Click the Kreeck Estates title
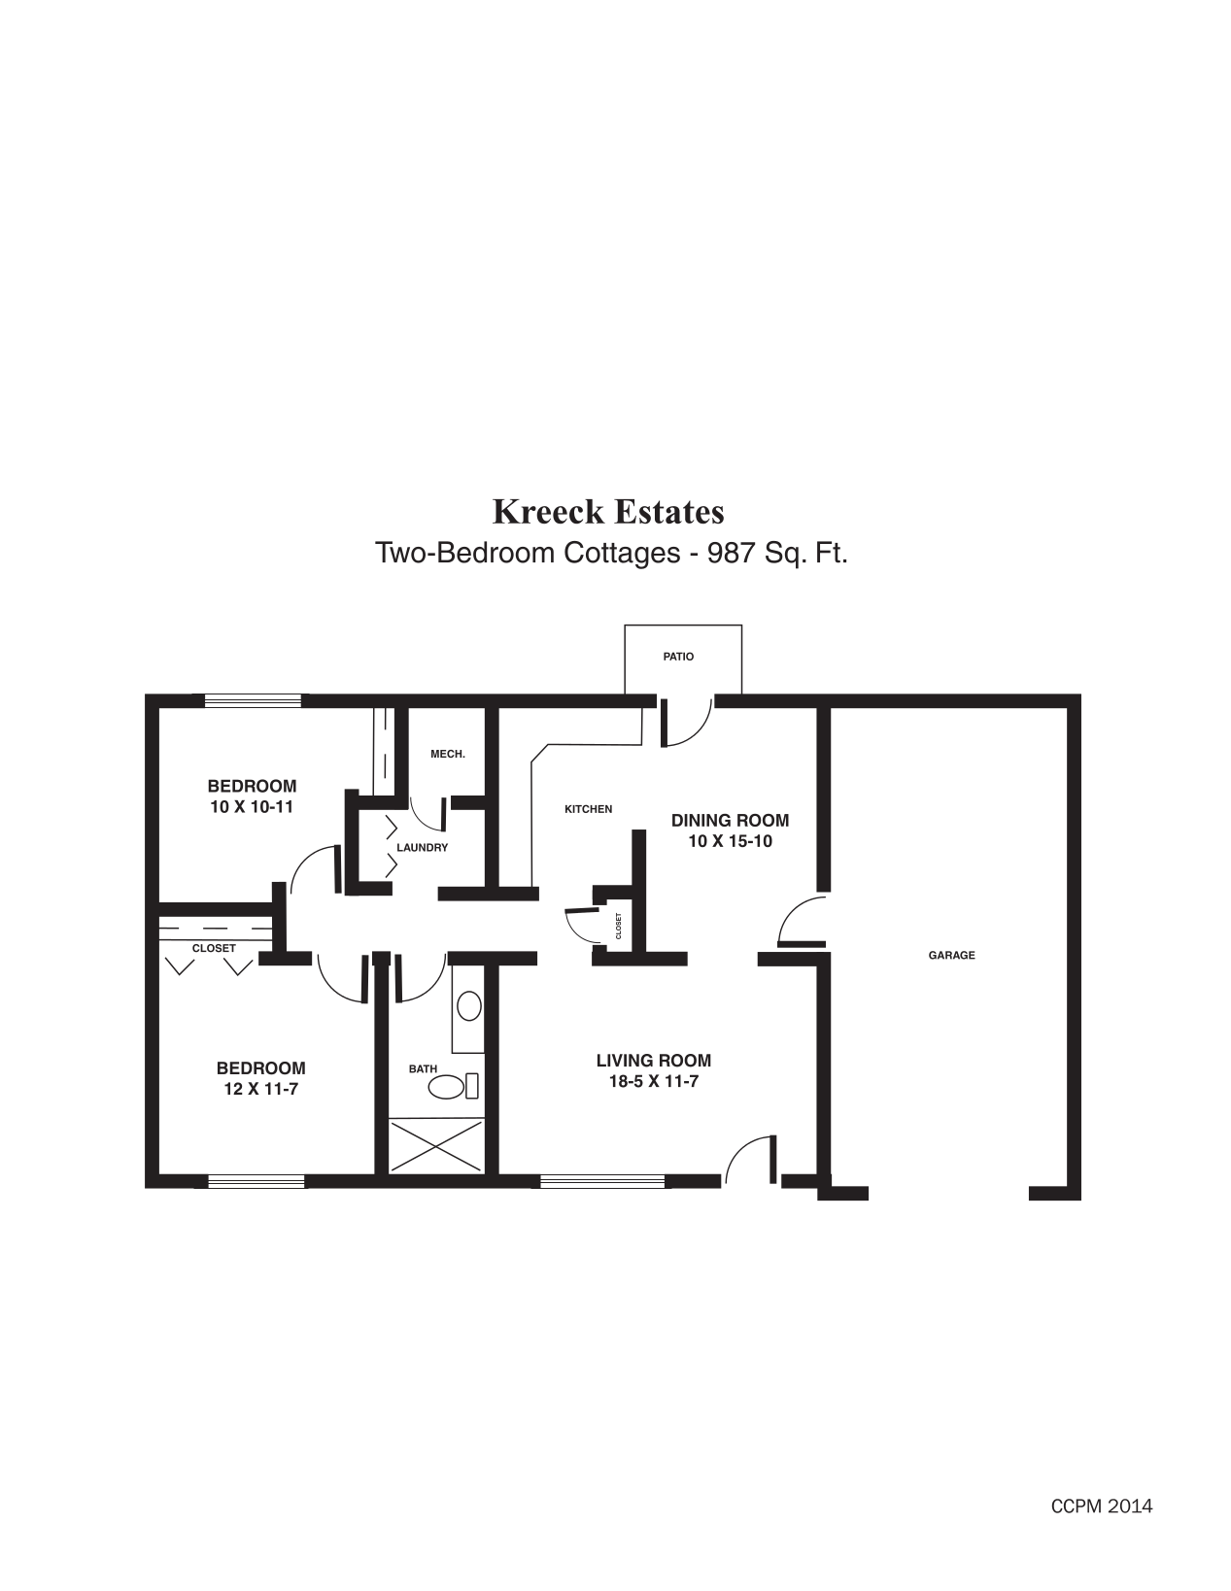click(608, 511)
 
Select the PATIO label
click(678, 657)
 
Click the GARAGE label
click(951, 955)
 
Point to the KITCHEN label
click(588, 809)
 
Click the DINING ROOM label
click(730, 821)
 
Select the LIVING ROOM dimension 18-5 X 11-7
click(653, 1081)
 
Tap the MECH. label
click(448, 754)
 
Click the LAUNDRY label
click(422, 847)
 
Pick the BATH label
click(423, 1068)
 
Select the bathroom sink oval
click(469, 1006)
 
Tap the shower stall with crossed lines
click(435, 1146)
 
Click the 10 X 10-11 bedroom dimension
click(252, 806)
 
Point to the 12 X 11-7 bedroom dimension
click(260, 1089)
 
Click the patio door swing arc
click(692, 723)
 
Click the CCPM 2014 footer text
click(1101, 1506)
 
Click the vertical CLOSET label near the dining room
click(618, 926)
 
